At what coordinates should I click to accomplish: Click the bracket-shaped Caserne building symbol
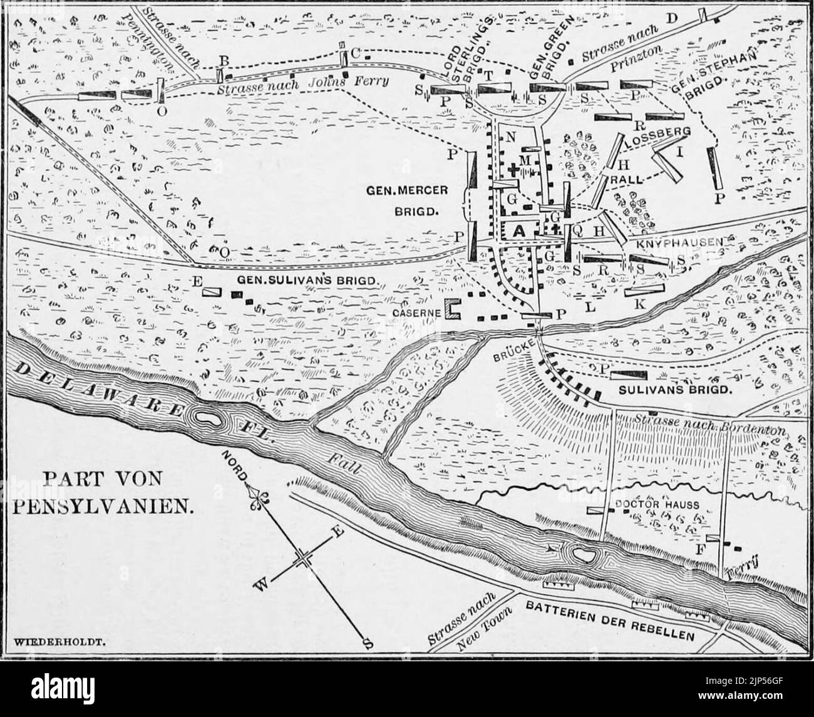452,308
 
